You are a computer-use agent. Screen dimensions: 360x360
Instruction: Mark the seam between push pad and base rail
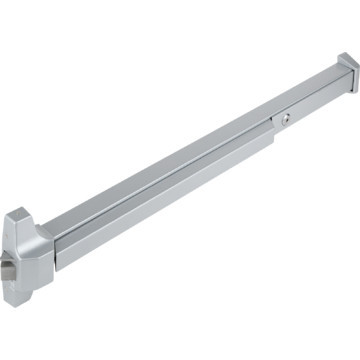pos(160,205)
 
